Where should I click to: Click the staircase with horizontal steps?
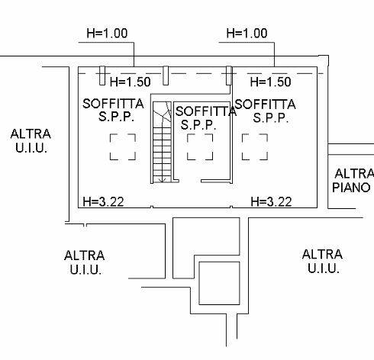(x=162, y=142)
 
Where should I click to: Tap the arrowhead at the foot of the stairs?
(x=162, y=180)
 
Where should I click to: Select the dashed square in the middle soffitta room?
(x=200, y=147)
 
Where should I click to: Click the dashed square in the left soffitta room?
(x=123, y=147)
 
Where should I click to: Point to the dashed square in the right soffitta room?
(x=255, y=147)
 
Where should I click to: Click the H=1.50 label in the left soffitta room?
(x=130, y=82)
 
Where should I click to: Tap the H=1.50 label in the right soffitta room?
(x=270, y=82)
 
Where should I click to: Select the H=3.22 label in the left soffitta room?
(x=103, y=202)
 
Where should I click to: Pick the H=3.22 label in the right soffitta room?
(x=271, y=202)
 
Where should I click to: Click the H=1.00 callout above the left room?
(x=107, y=34)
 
